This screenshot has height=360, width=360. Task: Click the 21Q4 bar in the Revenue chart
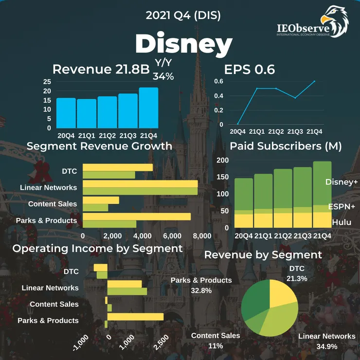148,108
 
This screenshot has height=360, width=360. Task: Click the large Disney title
183,44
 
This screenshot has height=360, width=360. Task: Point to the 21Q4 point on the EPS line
314,81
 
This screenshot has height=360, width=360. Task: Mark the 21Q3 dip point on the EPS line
295,98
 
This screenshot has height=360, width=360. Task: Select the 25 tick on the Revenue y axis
47,82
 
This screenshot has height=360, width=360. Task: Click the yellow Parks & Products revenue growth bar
137,216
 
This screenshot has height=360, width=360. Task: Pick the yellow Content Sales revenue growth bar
101,200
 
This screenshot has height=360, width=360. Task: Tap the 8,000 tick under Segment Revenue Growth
202,235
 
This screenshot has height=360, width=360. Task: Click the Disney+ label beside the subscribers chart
341,182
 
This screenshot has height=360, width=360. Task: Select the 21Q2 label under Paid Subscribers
283,236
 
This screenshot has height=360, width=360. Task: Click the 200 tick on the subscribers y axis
222,161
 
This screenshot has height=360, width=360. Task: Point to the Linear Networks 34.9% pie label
326,341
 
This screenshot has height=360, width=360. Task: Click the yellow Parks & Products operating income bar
135,317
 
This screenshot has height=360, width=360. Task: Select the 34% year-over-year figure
163,76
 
